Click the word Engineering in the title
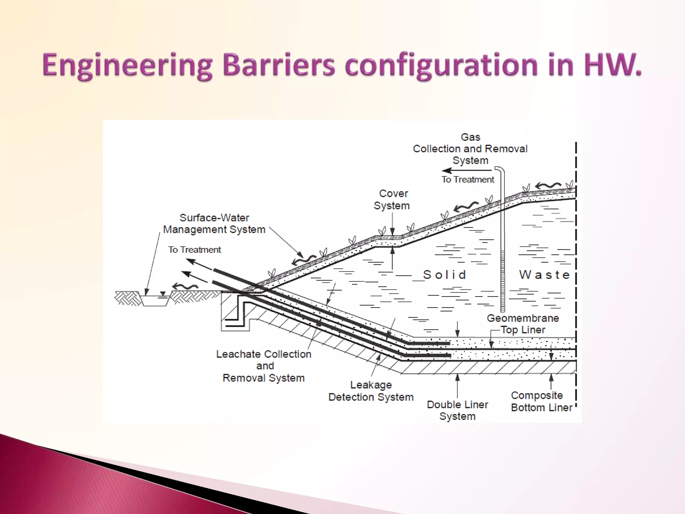127,66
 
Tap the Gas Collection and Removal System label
470,149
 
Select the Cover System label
392,199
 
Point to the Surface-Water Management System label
214,224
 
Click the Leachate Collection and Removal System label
264,366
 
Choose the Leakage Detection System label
371,391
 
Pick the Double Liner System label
457,410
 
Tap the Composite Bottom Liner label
541,401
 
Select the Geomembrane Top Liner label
523,324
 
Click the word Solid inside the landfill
445,275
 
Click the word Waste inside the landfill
544,275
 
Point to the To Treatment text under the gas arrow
468,180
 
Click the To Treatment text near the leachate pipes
194,250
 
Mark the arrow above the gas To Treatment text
467,171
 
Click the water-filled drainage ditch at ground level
155,299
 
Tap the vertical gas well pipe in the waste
502,254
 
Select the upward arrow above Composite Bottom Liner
551,381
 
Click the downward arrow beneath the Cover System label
392,224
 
